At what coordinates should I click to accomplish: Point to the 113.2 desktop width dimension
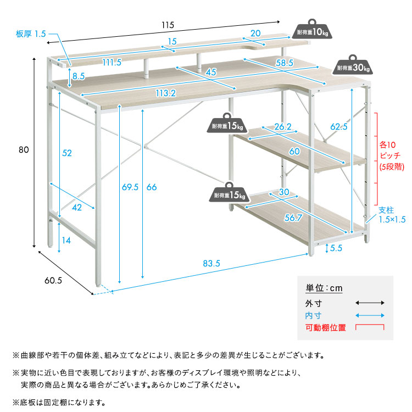pos(165,93)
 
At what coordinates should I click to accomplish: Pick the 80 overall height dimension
pos(23,149)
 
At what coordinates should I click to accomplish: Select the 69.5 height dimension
pos(127,187)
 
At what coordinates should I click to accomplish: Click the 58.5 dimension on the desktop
pos(284,63)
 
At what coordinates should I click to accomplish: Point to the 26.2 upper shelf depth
pos(282,127)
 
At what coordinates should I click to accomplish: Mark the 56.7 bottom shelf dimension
pos(292,218)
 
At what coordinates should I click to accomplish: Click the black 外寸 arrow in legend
pos(369,303)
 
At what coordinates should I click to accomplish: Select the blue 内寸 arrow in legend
pos(369,315)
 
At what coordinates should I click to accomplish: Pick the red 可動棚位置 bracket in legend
pos(369,327)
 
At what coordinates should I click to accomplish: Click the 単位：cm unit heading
pos(324,288)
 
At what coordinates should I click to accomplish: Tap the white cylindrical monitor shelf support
pos(147,67)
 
